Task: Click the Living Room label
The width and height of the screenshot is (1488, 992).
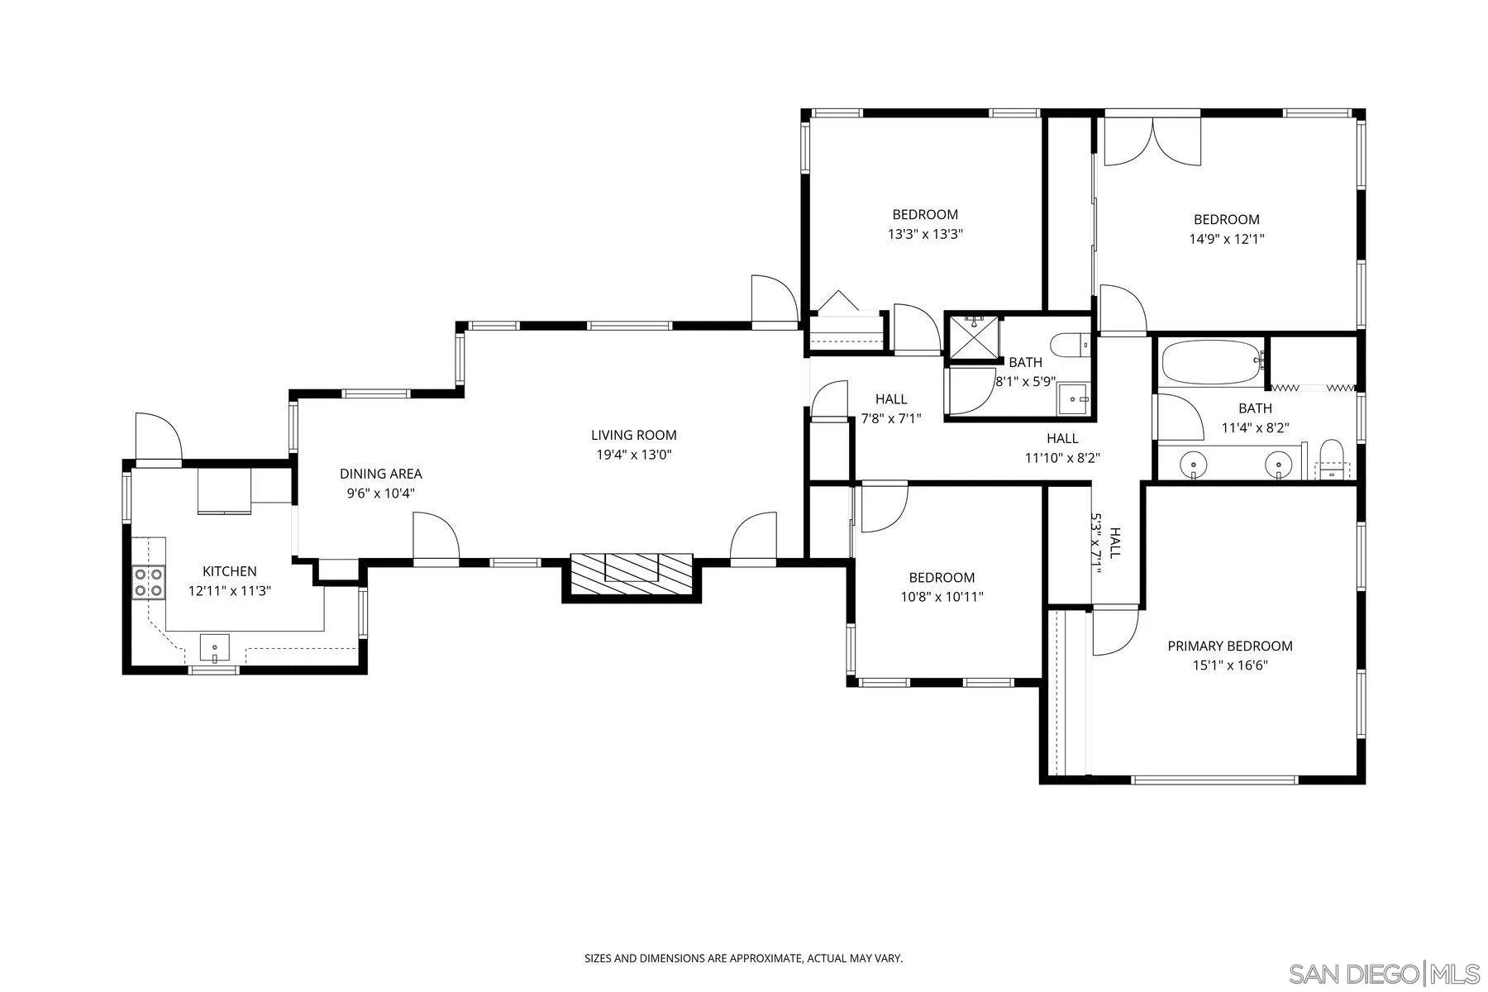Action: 633,435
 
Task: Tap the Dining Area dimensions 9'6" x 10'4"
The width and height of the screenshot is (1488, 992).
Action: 380,494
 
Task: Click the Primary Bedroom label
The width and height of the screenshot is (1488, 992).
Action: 1230,646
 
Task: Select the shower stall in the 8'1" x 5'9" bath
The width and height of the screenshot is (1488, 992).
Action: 972,338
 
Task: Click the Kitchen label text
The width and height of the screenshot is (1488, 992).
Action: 230,571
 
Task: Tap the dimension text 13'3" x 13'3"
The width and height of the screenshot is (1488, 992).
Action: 926,234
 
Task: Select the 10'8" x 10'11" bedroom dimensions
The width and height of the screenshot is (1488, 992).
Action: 942,597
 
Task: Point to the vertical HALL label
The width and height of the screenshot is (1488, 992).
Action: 1115,543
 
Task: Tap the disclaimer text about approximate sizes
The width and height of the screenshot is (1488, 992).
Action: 744,959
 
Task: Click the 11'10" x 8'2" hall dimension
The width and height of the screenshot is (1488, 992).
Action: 1062,458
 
